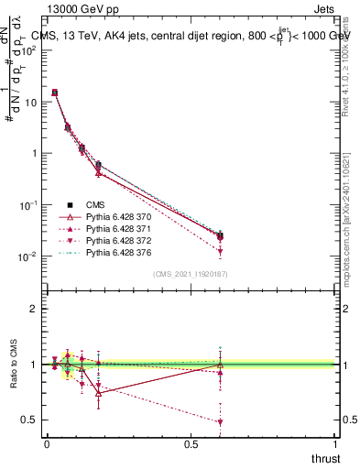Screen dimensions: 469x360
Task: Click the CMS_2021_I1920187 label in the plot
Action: tap(191, 274)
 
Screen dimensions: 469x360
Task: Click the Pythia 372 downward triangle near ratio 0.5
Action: tap(220, 422)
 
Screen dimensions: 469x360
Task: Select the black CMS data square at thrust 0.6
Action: tap(220, 236)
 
